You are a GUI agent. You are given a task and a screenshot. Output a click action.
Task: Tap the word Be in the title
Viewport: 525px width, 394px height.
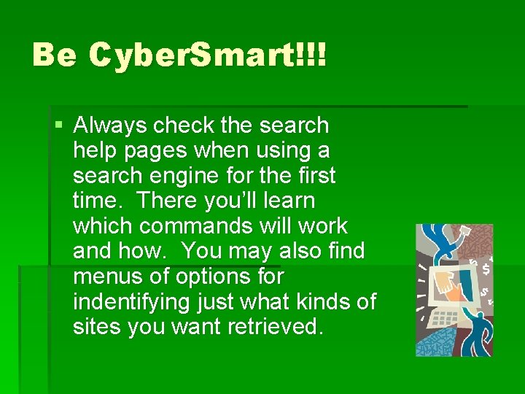[54, 55]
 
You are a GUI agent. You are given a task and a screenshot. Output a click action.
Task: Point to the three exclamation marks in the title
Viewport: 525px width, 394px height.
[313, 55]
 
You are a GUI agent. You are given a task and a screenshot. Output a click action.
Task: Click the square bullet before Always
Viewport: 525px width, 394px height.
[59, 125]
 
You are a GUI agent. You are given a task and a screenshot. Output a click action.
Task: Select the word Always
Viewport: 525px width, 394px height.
[110, 126]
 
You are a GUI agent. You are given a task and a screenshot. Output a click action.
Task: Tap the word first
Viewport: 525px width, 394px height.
[314, 176]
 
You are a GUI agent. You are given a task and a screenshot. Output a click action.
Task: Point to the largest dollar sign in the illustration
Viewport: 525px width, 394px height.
[486, 268]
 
